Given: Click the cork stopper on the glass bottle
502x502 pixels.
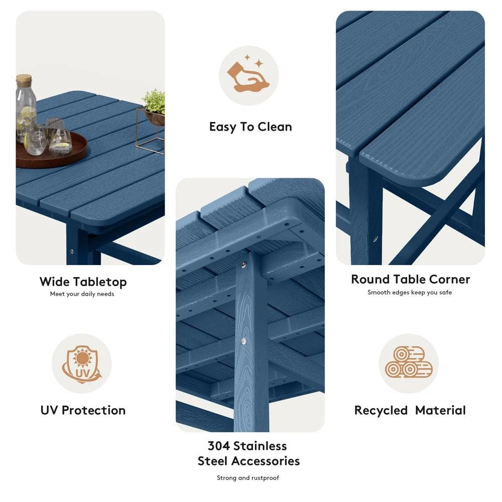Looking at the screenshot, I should click(24, 80).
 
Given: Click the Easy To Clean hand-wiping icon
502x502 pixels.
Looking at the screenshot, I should click(248, 75).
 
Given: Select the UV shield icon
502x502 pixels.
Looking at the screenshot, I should click(81, 363).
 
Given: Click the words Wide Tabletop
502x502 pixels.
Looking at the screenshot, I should click(83, 282).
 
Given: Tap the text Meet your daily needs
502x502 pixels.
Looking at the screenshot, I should click(82, 294).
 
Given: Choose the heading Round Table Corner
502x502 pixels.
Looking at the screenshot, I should click(410, 279).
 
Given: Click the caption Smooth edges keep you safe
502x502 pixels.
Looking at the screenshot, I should click(410, 292).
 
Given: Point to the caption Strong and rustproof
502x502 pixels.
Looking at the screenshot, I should click(248, 478).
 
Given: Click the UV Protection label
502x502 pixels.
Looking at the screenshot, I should click(83, 410).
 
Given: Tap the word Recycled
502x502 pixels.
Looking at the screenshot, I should click(381, 410).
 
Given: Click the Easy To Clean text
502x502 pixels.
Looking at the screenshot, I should click(250, 127).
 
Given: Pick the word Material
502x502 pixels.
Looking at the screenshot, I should click(440, 410).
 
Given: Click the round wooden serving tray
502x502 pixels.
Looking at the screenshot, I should click(50, 151).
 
